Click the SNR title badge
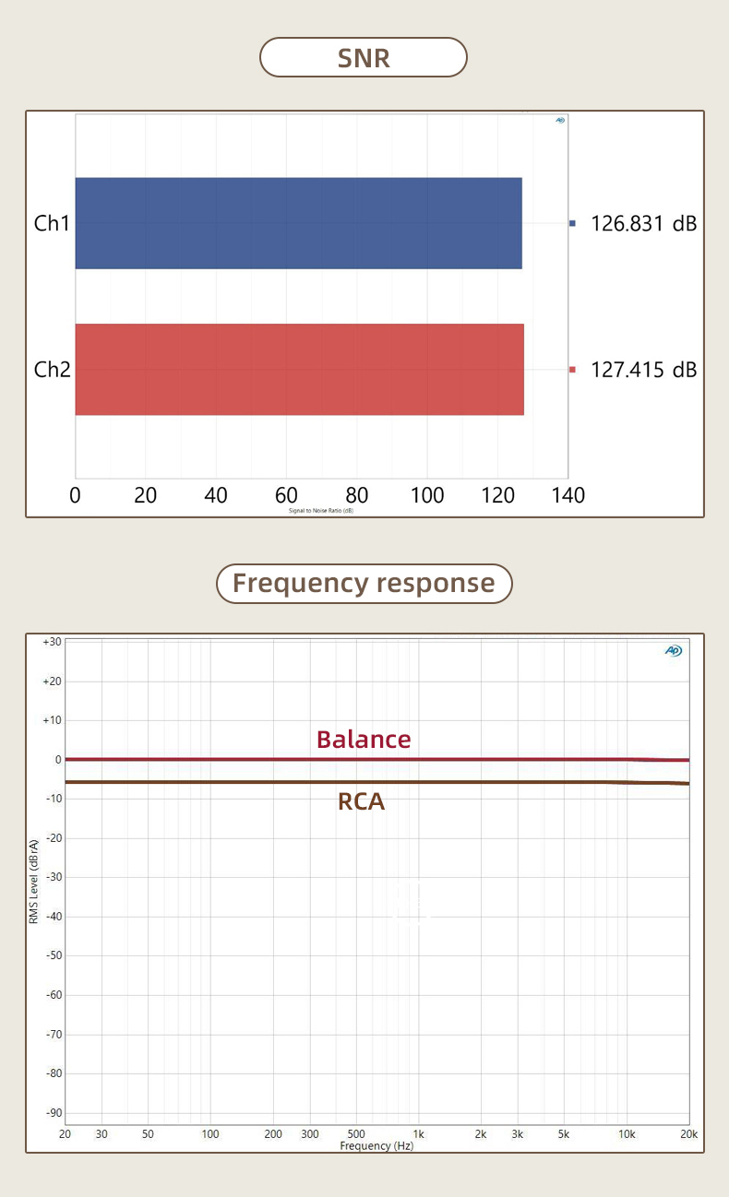364,57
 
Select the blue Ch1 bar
298,223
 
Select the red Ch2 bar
299,369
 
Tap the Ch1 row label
52,223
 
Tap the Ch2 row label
52,370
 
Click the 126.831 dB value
643,223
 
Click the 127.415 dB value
643,370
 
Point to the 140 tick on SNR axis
568,495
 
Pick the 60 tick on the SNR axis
286,495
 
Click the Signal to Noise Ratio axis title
321,510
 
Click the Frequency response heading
364,583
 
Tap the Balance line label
364,740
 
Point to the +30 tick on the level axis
52,642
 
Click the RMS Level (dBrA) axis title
33,881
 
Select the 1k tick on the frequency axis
418,1133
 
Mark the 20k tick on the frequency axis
688,1133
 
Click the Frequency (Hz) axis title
376,1145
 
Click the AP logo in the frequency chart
673,651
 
